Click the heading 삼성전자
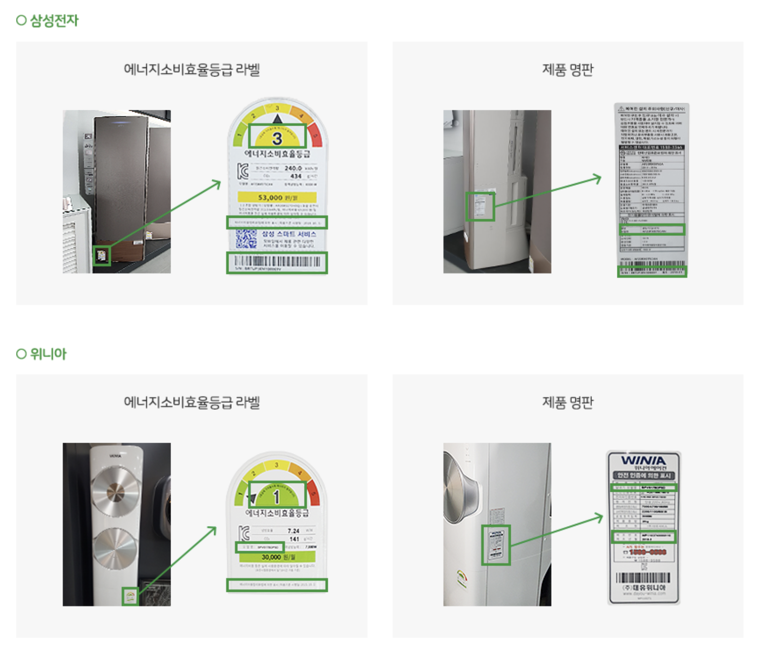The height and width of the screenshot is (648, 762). click(x=54, y=20)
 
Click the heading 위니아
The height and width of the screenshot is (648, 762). click(x=48, y=354)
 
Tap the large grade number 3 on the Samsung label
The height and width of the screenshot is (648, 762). click(x=277, y=138)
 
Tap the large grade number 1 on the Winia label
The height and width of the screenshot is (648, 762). click(x=277, y=497)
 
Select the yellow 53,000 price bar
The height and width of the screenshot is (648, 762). click(x=277, y=197)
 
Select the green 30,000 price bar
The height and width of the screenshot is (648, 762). click(x=277, y=557)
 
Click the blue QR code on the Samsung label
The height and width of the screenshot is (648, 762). click(x=246, y=239)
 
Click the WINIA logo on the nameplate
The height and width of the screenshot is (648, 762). click(x=643, y=460)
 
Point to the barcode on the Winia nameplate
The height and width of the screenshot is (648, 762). click(x=643, y=578)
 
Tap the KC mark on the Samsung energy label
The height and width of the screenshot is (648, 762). click(x=243, y=172)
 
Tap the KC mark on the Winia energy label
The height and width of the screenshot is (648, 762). click(x=244, y=533)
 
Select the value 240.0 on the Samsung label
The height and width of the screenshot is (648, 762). click(x=293, y=168)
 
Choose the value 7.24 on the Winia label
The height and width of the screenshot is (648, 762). click(x=293, y=531)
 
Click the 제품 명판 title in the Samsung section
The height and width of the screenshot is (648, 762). click(x=567, y=70)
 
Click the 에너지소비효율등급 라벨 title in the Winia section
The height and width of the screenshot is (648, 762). click(x=191, y=402)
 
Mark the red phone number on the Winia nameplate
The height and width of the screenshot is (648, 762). click(x=647, y=552)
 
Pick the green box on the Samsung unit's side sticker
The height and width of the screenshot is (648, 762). click(x=480, y=206)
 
